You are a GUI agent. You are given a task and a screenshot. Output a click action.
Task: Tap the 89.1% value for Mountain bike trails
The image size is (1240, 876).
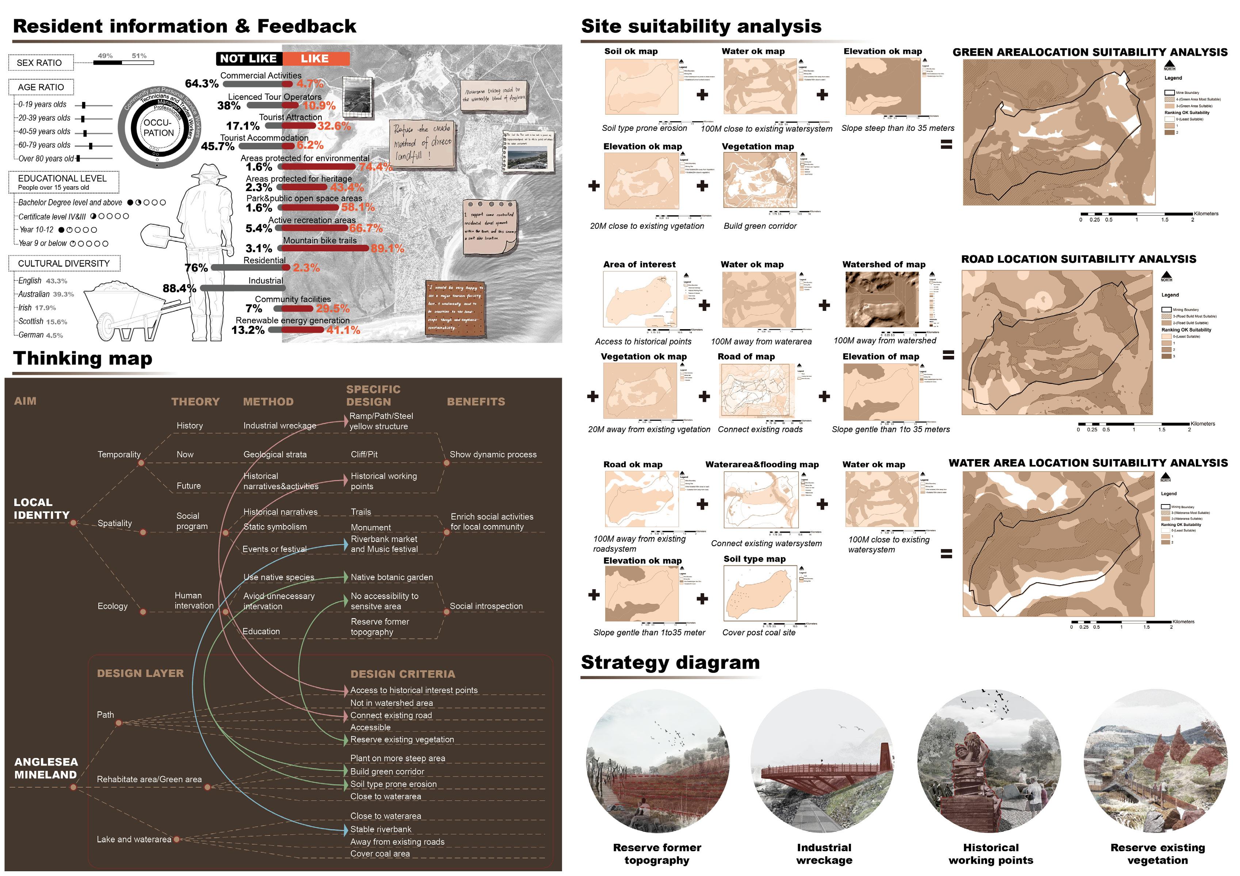pos(387,248)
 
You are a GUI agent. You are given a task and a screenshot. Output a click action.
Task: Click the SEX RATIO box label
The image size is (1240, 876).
pos(39,62)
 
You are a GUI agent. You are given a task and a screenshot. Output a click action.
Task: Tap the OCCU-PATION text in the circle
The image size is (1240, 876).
pos(158,128)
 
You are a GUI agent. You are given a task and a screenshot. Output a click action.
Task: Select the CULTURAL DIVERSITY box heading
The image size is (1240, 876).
pos(64,263)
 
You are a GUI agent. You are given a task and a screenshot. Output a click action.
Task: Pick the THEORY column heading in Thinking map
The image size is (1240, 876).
pos(195,402)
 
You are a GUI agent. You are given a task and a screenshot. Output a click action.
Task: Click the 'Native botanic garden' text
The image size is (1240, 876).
pos(392,577)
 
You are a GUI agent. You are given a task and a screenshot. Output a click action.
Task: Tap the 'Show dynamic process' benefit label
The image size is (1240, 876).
pos(493,455)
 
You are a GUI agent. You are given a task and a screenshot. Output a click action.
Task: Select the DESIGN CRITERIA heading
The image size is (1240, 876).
pos(403,674)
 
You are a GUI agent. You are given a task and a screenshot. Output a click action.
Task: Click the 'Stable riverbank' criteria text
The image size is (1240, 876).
pos(381,829)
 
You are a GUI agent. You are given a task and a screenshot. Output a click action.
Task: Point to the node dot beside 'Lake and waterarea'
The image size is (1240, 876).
pos(177,839)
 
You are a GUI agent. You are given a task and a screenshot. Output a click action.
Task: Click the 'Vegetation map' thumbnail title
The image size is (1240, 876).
pos(758,146)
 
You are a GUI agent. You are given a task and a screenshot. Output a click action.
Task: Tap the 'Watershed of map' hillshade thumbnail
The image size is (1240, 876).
pos(881,300)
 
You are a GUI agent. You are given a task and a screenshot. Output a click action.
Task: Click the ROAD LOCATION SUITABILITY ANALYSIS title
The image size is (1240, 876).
pos(1079,259)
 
